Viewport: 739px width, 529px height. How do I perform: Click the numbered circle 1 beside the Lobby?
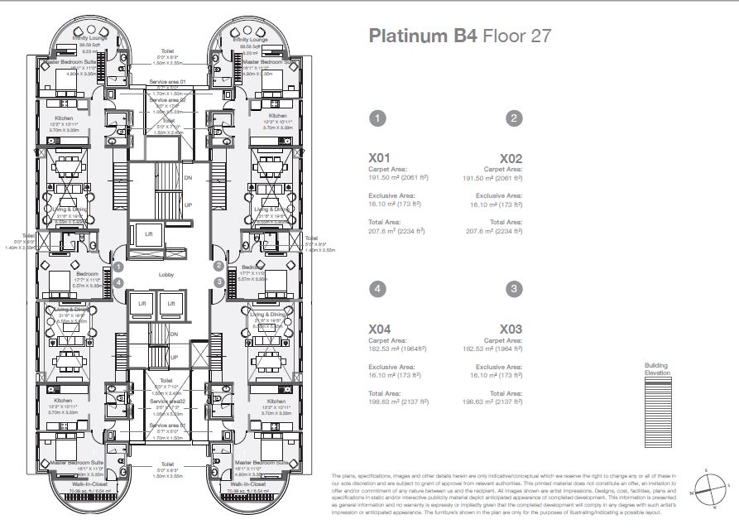point(119,267)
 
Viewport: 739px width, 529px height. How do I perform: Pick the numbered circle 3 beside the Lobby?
point(218,281)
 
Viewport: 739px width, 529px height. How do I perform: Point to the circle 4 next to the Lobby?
point(119,282)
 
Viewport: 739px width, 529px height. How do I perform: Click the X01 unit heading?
point(379,157)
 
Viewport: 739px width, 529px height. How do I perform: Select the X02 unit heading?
point(511,157)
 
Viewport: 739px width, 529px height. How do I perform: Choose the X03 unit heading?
point(511,329)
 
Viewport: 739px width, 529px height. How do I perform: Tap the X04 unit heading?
point(379,329)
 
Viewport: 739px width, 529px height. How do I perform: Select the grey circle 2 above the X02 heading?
point(514,118)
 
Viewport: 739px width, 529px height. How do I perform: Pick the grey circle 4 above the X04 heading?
point(378,289)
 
